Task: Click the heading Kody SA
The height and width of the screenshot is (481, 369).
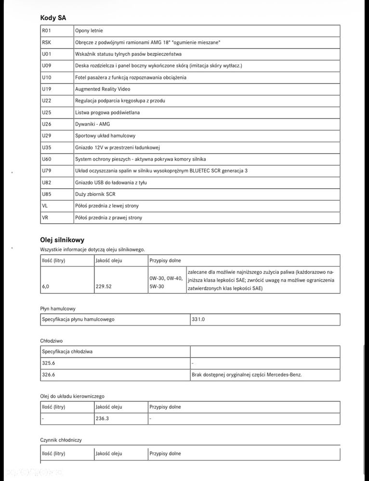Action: click(x=53, y=18)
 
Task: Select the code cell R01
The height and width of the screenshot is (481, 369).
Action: click(x=47, y=31)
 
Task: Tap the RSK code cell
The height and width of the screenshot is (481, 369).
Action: click(x=47, y=42)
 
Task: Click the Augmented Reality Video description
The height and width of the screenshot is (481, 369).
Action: click(x=103, y=89)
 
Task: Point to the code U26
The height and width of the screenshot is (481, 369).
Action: click(x=47, y=124)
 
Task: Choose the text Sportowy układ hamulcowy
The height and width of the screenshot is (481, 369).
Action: click(x=105, y=136)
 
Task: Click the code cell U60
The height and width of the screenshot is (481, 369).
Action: click(x=47, y=159)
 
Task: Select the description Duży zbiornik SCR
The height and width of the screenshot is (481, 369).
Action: click(x=95, y=194)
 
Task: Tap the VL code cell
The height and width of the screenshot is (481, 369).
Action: click(x=45, y=206)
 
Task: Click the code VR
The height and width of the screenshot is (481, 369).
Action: click(x=45, y=218)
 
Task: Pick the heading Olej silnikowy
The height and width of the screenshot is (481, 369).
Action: click(x=62, y=239)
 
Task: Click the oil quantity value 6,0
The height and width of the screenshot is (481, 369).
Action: click(x=45, y=286)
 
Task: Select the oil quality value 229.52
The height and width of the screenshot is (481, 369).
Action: click(x=104, y=286)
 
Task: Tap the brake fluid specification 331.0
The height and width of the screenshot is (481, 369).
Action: click(x=198, y=319)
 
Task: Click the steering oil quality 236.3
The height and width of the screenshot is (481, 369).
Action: click(x=102, y=418)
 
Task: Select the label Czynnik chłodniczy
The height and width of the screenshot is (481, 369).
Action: click(x=61, y=440)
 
